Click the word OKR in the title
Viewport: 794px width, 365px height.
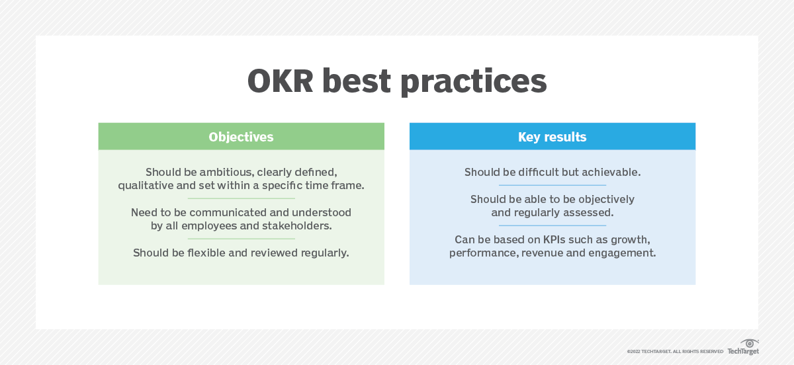(x=281, y=81)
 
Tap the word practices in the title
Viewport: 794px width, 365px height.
(x=474, y=83)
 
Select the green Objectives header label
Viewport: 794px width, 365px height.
(x=241, y=137)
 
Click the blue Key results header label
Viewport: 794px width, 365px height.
(x=552, y=137)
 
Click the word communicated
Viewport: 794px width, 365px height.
(x=228, y=212)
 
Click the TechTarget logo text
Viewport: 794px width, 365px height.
(x=743, y=351)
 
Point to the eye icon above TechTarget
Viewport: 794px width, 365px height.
(x=749, y=343)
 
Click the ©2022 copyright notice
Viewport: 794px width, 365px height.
(x=675, y=352)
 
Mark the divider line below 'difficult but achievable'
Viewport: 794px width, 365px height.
(x=552, y=185)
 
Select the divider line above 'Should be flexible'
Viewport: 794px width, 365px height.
(x=241, y=239)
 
